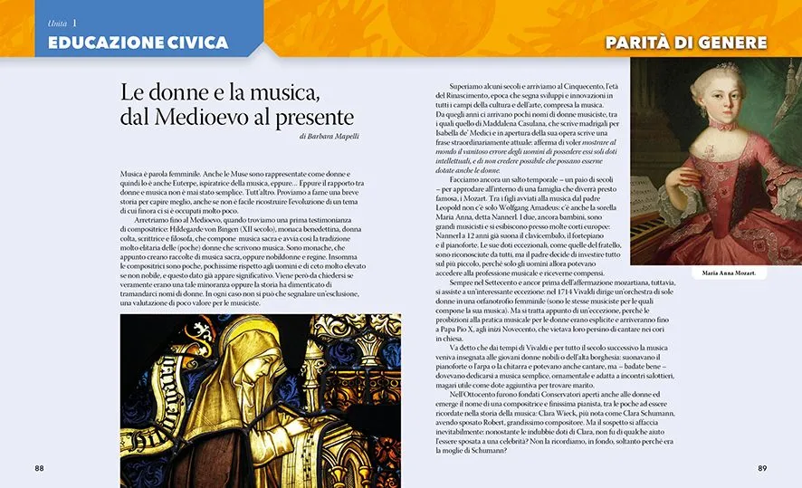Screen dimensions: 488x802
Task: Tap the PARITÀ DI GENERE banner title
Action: click(685, 43)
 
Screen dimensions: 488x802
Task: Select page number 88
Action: click(39, 468)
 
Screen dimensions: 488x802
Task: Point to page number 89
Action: click(762, 468)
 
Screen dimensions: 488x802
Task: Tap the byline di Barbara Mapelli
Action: click(329, 137)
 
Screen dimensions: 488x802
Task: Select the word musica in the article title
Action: click(281, 92)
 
